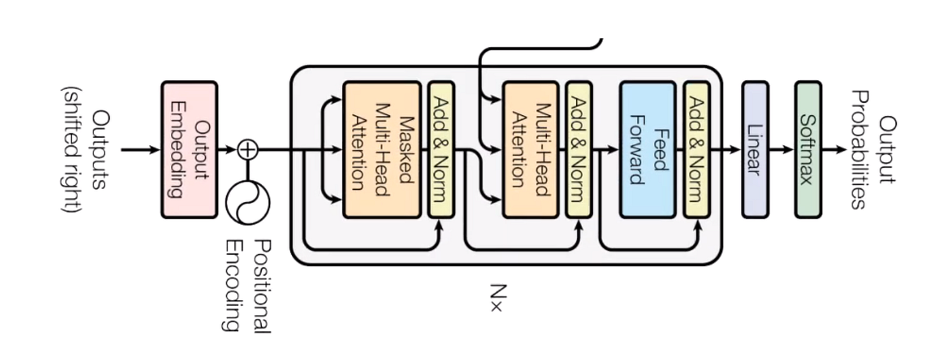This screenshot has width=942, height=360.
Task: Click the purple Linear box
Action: tap(754, 149)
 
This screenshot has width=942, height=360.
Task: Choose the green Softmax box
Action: tap(807, 149)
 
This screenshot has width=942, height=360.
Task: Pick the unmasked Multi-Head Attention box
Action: tap(530, 149)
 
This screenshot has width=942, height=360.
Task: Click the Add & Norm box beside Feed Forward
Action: tap(696, 149)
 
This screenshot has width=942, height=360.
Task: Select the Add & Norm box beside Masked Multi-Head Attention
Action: tap(441, 149)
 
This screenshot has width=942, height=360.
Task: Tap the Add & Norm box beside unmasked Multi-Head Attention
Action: tap(579, 149)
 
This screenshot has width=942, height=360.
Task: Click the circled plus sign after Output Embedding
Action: tap(248, 149)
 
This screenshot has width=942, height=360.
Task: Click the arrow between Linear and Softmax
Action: tap(781, 149)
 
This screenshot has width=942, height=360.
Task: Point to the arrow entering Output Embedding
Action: tap(141, 149)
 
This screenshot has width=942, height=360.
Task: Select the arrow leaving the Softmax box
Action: tap(834, 149)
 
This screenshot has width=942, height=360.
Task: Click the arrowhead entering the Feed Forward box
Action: tap(614, 149)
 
